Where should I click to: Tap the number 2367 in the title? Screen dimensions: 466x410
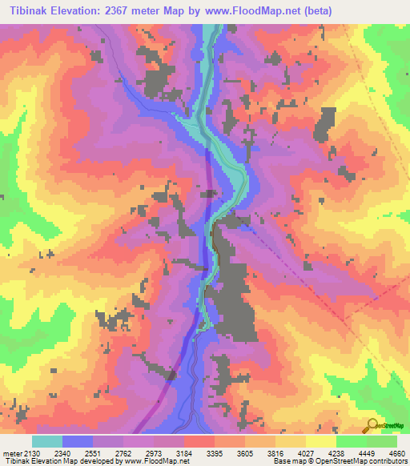coord(128,10)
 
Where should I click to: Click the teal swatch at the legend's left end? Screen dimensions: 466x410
coord(47,441)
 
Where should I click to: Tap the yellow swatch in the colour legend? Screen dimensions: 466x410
coord(320,441)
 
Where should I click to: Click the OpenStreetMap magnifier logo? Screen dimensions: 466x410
coord(371,425)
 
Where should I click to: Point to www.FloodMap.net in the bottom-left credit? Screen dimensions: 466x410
coord(156,461)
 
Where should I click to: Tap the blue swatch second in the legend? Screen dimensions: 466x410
coord(78,441)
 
